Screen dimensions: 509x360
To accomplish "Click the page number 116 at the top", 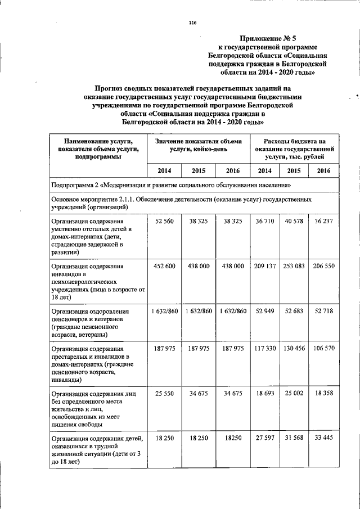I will (x=192, y=22).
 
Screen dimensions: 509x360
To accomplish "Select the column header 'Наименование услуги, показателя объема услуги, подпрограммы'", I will (x=98, y=149).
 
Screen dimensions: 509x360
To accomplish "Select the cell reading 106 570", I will (x=323, y=349).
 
